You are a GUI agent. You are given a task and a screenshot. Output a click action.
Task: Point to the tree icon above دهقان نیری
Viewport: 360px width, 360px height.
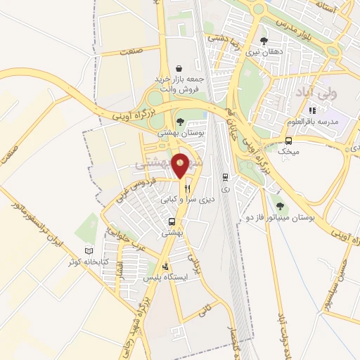(x=264, y=41)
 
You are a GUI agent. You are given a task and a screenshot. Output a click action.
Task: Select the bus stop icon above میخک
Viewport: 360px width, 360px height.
(x=289, y=139)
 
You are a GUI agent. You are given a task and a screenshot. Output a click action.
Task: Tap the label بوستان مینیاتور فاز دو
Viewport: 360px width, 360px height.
(x=279, y=218)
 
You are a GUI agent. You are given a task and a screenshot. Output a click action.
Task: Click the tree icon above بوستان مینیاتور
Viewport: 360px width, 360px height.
(x=280, y=206)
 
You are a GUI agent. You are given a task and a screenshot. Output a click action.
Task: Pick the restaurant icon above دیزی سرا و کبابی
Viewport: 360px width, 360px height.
(x=187, y=188)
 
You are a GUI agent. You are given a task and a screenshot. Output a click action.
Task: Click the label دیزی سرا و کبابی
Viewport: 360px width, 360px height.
(x=186, y=200)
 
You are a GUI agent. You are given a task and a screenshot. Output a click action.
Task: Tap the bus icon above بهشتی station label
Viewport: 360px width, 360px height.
(x=172, y=222)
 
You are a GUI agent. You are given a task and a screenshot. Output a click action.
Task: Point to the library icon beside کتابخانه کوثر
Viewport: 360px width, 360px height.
(x=89, y=251)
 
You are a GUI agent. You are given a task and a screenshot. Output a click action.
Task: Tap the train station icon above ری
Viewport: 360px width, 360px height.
(x=225, y=177)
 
